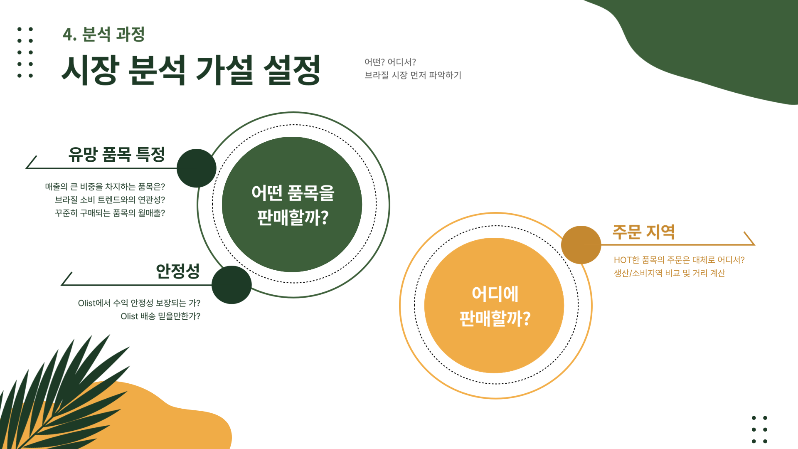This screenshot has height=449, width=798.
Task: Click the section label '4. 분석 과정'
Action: [x=103, y=34]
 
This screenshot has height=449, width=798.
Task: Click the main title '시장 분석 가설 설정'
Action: [x=191, y=70]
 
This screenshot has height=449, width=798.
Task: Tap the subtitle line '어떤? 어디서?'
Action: [x=390, y=62]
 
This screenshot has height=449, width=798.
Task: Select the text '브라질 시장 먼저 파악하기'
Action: [x=413, y=75]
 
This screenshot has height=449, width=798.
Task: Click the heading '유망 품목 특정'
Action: [x=116, y=154]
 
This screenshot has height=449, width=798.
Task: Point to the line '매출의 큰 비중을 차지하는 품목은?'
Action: [x=105, y=187]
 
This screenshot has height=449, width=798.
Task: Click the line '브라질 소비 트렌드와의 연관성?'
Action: [x=110, y=200]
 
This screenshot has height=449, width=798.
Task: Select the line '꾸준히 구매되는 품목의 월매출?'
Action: [x=110, y=213]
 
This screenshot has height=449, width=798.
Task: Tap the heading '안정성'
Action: [x=177, y=271]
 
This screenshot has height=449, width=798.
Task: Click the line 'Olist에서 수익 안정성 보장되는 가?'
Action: [x=139, y=303]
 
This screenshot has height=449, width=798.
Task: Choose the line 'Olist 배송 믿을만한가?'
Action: [x=160, y=316]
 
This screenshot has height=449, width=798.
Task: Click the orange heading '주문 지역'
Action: [x=643, y=232]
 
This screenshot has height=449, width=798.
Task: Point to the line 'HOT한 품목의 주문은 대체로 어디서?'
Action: [x=679, y=260]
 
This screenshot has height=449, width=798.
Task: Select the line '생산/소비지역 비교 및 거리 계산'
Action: [x=669, y=273]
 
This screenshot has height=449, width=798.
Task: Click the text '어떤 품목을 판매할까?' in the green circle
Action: [x=293, y=205]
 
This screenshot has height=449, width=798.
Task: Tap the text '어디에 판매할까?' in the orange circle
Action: [x=495, y=306]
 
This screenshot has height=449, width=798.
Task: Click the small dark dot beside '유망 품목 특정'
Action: [x=196, y=168]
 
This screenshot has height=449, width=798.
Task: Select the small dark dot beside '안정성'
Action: [x=232, y=285]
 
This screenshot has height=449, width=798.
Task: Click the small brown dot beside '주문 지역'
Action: [x=581, y=245]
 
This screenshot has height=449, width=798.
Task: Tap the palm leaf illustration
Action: [x=62, y=395]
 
